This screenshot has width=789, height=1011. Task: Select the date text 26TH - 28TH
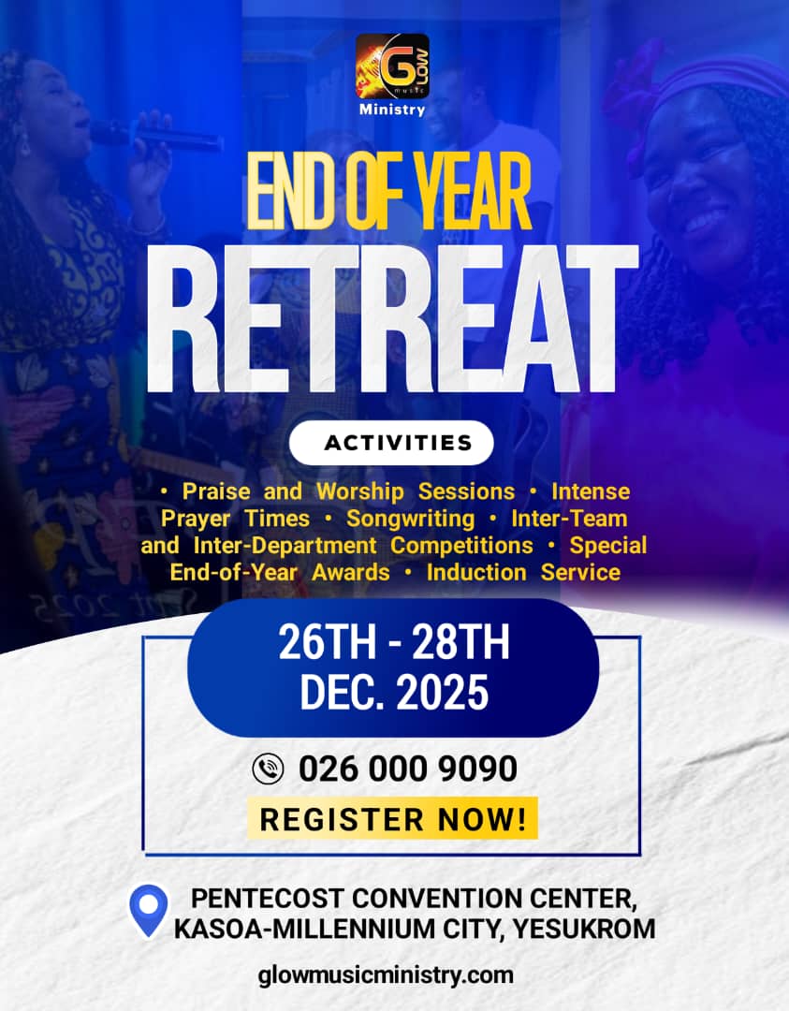click(x=393, y=646)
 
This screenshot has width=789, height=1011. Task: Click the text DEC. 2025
click(x=393, y=693)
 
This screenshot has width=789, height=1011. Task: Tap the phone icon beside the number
click(x=268, y=769)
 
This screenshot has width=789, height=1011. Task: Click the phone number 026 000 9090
click(x=408, y=769)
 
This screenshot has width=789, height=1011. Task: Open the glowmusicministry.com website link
click(x=386, y=974)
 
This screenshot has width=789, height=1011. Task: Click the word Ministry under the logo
click(x=392, y=110)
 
